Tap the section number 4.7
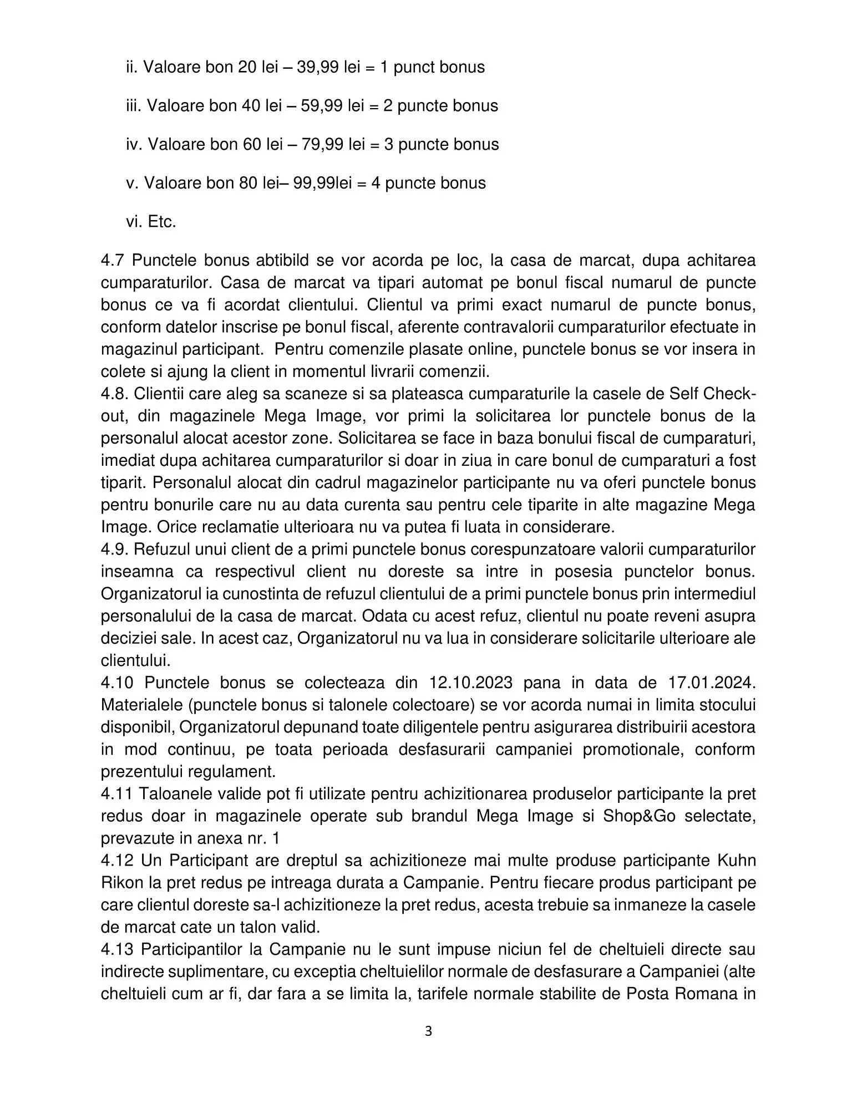[x=113, y=260]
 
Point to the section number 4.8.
[x=115, y=394]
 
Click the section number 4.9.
[x=115, y=549]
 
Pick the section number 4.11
[x=117, y=793]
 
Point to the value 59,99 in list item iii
[x=321, y=105]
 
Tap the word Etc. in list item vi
[x=162, y=222]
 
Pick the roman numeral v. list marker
[x=132, y=183]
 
